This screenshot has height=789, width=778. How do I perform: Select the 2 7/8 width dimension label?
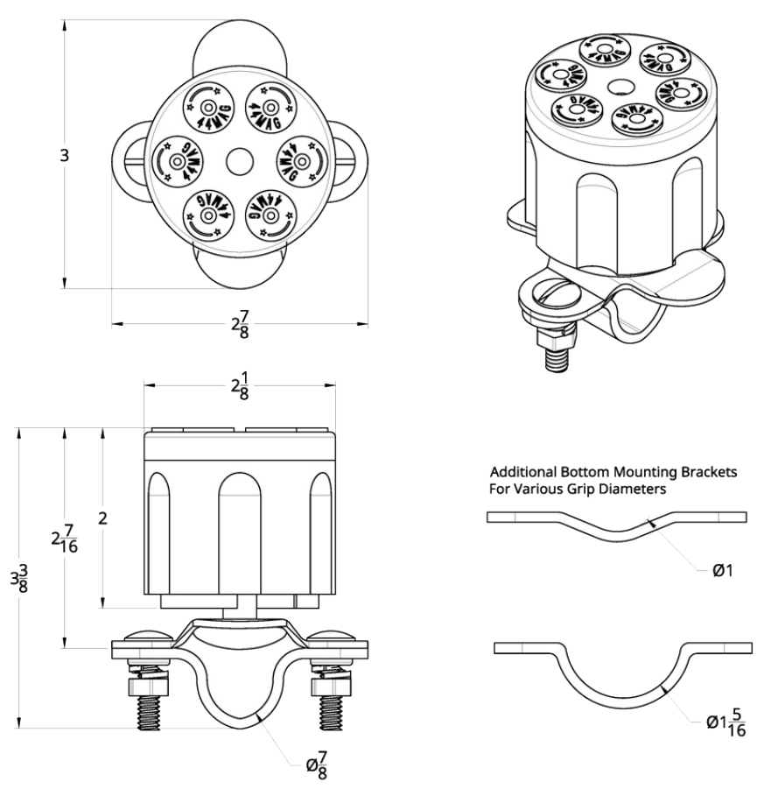(241, 324)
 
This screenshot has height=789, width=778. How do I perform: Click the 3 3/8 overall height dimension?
(18, 578)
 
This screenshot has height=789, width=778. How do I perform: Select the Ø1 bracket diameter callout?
(723, 571)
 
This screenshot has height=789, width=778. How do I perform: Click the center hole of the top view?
(238, 161)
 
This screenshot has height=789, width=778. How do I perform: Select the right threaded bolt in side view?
(330, 701)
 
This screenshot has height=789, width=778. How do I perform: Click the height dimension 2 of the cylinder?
(102, 518)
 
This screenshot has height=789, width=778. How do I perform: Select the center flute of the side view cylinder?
(240, 534)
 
